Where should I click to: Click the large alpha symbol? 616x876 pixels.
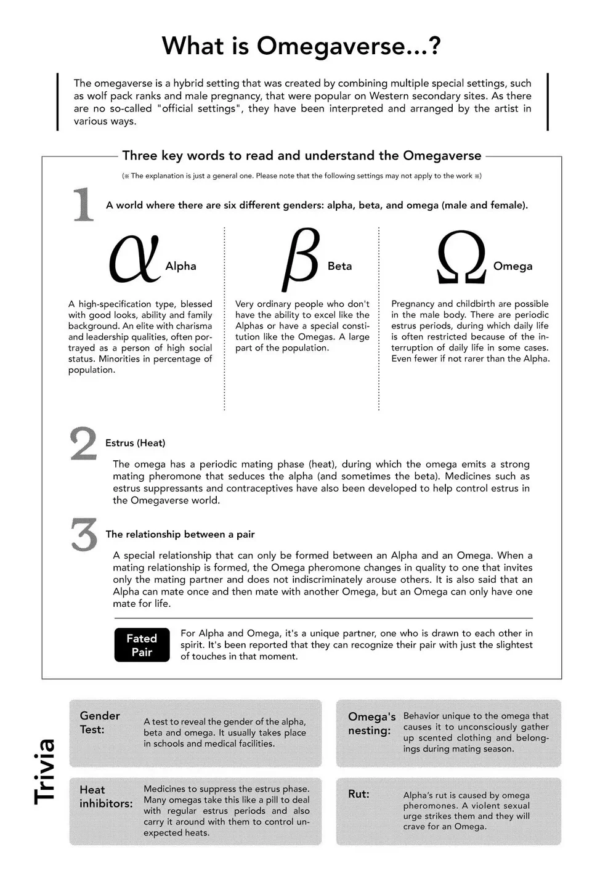[134, 259]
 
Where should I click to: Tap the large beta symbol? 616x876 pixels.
[301, 259]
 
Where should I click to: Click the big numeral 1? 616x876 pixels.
[83, 205]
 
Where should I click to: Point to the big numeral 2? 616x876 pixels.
[83, 444]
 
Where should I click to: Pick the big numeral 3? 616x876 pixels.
[84, 535]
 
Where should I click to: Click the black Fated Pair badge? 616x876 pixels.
[142, 645]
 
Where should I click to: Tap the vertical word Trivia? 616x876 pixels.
[45, 771]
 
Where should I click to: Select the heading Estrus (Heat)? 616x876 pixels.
[135, 443]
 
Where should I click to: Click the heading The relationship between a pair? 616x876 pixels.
[180, 534]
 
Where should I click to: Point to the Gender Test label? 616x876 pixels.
[100, 722]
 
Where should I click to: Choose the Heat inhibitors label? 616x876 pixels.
[106, 797]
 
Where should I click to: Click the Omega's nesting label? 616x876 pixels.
[371, 723]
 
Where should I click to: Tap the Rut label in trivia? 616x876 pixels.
[359, 794]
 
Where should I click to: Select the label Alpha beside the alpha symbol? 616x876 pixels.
[180, 266]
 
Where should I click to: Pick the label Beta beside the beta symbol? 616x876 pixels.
[339, 266]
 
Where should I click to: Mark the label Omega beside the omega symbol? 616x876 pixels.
[513, 266]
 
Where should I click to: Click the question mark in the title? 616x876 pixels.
[434, 46]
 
